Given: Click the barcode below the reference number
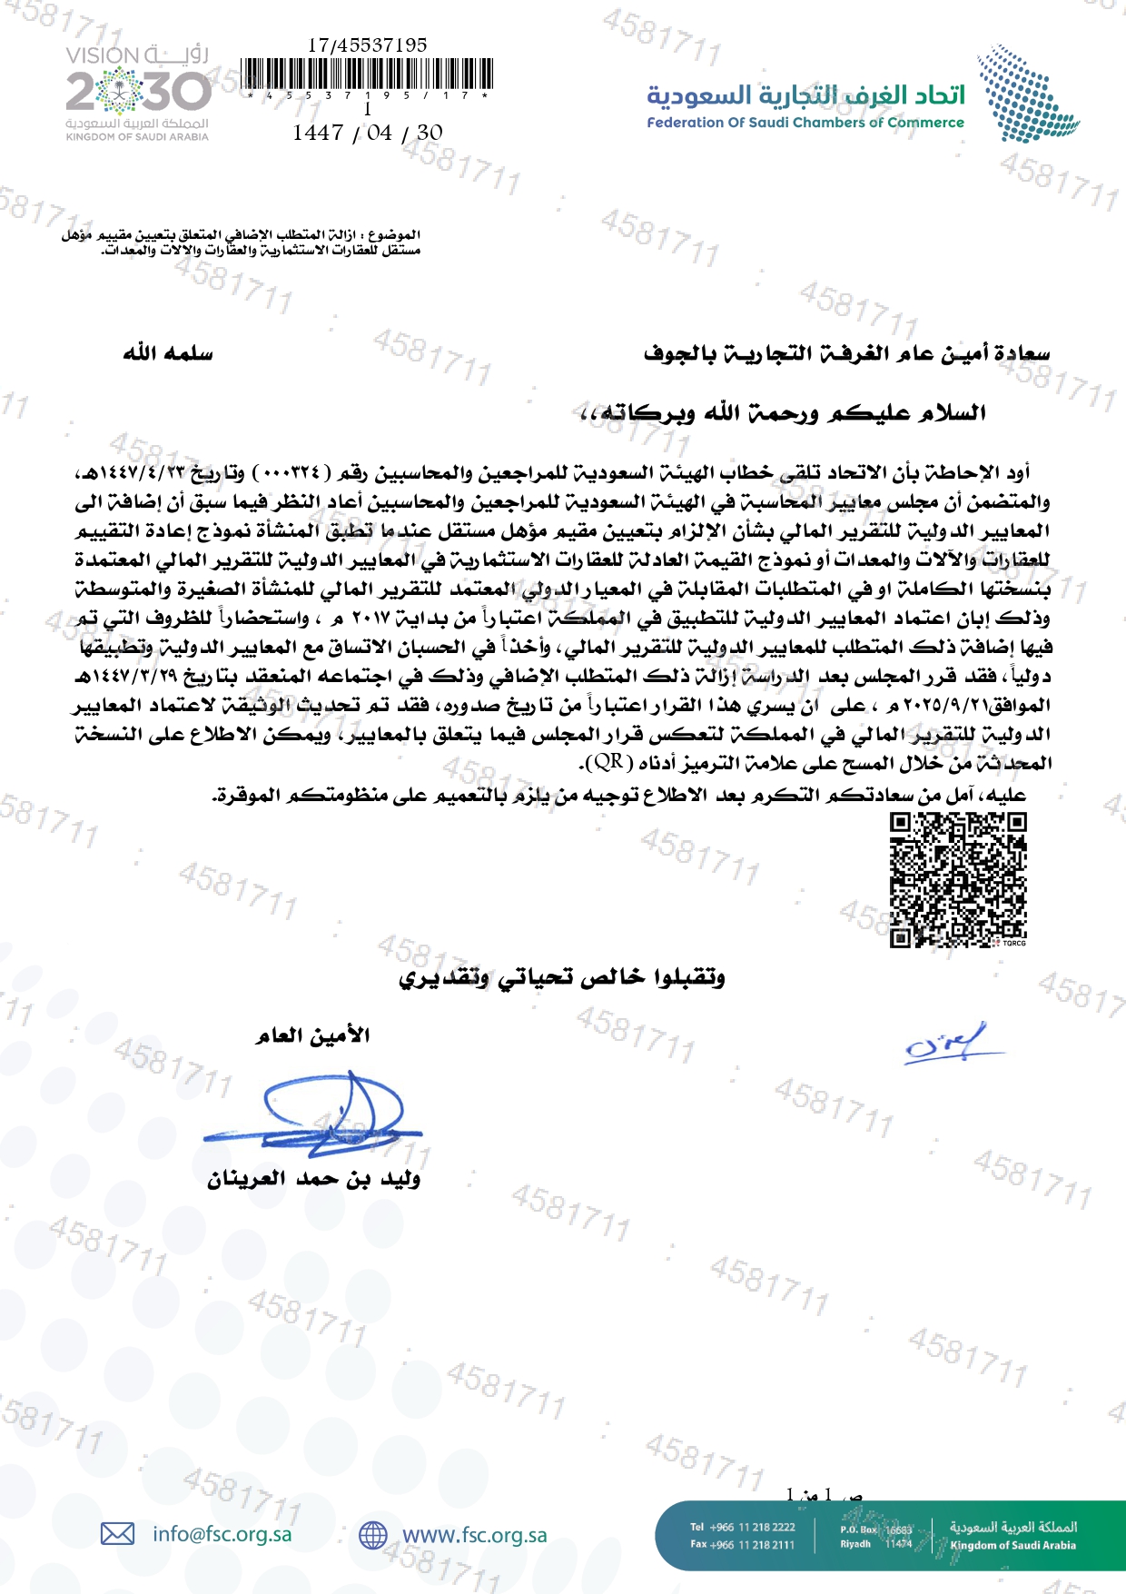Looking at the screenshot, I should point(368,74).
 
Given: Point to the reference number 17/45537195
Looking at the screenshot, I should point(367,45).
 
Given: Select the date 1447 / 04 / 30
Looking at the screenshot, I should point(368,133).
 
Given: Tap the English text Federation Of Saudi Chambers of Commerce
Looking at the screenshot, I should point(805,123).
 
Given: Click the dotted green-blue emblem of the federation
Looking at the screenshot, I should point(1027,94).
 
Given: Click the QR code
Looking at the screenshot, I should point(958,879).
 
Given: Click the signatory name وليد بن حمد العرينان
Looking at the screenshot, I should point(313,1179).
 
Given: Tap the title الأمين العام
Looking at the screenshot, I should point(312,1035).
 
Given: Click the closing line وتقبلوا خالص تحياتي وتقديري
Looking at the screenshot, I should point(562,977).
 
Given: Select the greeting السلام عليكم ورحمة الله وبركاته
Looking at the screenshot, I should point(782,413).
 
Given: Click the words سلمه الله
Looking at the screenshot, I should point(168,352).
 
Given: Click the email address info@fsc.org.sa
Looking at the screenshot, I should point(222,1534).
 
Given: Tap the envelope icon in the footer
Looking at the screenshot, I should point(117,1534).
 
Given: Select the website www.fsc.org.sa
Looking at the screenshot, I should point(475,1535).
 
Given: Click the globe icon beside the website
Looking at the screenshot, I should point(373,1535).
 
